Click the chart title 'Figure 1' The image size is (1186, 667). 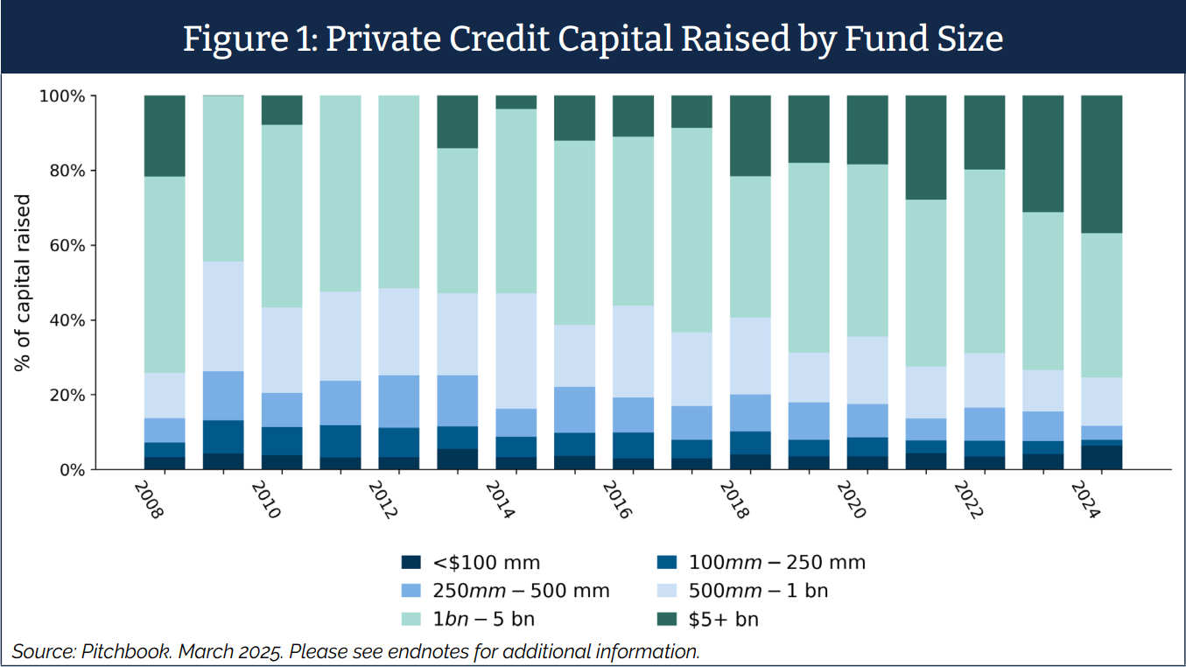click(x=593, y=39)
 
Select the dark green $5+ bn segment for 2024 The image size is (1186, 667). click(x=1101, y=164)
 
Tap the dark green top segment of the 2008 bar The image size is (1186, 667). click(x=165, y=136)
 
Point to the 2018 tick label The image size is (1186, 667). click(x=734, y=499)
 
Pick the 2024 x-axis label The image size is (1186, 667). click(x=1086, y=499)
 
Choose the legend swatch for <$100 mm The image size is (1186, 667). click(x=411, y=563)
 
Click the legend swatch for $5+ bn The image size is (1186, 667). click(x=668, y=620)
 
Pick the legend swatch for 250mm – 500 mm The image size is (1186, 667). click(x=411, y=591)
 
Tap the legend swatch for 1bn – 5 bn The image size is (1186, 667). click(x=411, y=620)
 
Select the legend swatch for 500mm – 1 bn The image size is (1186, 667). click(x=668, y=591)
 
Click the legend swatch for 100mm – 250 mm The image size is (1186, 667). click(x=668, y=563)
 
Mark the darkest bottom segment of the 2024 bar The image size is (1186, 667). click(x=1101, y=458)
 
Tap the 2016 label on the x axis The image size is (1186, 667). click(x=617, y=499)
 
